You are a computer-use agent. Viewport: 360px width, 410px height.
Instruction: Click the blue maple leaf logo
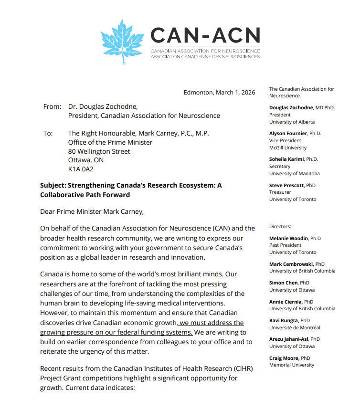coord(123,42)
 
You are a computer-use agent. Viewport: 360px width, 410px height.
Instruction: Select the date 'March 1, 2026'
coord(235,93)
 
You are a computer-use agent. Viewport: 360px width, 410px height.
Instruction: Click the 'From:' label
coord(52,106)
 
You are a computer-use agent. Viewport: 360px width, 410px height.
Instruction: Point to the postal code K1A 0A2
coord(81,169)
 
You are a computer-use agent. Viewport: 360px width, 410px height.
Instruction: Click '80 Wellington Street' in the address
coord(99,151)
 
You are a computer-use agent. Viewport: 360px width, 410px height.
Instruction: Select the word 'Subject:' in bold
coord(54,185)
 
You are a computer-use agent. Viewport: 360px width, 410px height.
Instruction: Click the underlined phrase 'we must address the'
coord(212,323)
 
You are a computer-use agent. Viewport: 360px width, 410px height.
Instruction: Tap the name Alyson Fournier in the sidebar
coord(287,134)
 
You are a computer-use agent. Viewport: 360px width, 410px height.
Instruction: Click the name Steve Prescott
coord(285,185)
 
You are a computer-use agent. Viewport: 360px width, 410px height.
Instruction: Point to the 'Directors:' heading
coord(280,226)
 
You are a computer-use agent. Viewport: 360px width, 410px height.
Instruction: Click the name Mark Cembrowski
coord(291,263)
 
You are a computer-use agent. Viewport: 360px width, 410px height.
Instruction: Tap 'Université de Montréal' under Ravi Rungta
coord(294,327)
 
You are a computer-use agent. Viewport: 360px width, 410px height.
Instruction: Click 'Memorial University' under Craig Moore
coord(292,365)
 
